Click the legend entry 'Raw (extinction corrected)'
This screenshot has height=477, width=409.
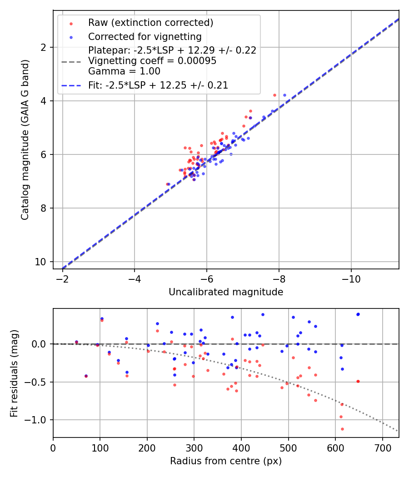150,23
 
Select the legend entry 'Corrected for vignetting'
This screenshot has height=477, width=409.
145,36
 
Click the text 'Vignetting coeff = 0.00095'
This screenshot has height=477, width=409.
152,60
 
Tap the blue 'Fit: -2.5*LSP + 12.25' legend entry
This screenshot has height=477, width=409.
158,85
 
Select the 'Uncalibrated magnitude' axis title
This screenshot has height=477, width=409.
226,292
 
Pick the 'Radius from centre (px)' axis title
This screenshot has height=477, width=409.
226,461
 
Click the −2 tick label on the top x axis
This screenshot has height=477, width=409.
62,278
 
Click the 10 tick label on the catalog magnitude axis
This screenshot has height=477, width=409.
41,262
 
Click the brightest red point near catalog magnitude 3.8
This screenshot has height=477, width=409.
274,95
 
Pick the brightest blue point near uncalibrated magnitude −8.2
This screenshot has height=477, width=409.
284,95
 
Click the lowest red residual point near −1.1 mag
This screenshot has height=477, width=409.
342,429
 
